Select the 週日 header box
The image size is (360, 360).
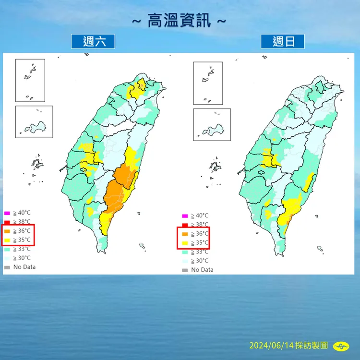282,41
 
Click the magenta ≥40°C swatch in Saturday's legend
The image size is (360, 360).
7,213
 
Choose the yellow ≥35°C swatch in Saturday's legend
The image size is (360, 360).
7,240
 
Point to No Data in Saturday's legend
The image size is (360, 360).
24,267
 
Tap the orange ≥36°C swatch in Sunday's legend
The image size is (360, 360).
185,234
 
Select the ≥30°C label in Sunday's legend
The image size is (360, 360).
199,261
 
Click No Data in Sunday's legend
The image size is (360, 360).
202,270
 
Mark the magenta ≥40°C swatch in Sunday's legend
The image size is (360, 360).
185,216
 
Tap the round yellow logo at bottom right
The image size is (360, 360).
341,346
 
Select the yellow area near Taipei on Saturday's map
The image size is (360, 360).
138,89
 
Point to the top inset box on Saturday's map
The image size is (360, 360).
30,80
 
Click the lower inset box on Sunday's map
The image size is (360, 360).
208,124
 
